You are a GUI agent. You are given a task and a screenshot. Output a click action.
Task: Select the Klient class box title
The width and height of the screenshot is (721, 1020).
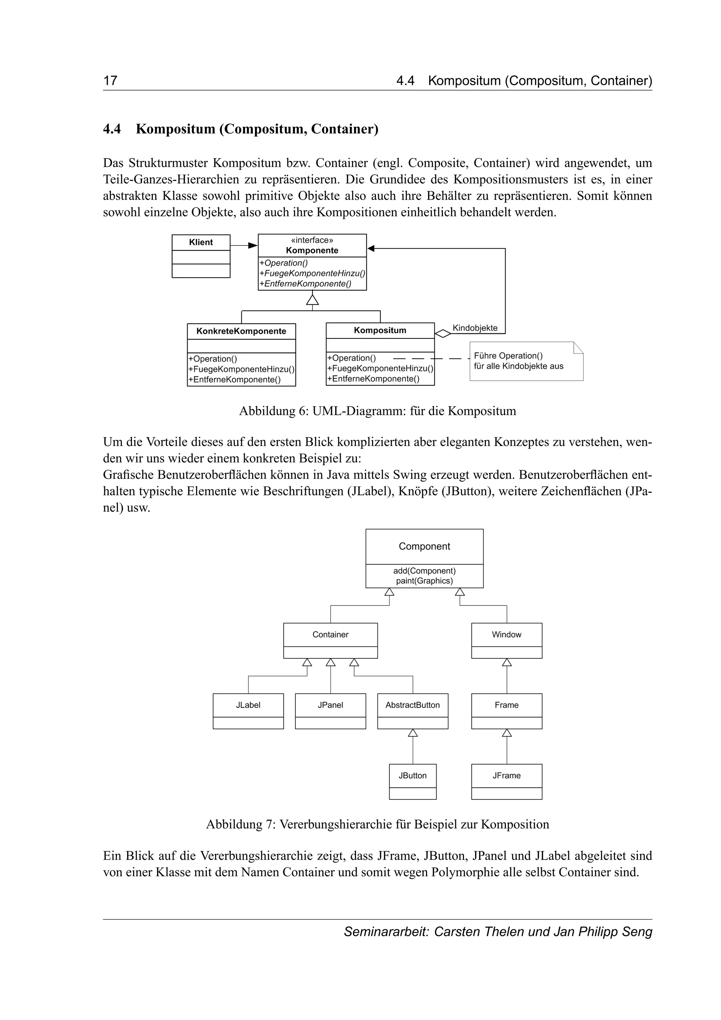(201, 242)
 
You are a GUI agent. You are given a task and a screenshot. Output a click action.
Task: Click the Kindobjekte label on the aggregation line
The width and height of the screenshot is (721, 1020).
(475, 328)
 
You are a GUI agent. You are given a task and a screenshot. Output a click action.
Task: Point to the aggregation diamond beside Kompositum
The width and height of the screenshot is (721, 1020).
(443, 333)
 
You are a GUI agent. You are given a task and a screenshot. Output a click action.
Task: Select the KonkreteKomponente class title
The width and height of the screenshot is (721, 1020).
(241, 331)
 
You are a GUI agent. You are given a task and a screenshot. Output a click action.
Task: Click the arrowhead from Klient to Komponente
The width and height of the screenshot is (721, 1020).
(253, 245)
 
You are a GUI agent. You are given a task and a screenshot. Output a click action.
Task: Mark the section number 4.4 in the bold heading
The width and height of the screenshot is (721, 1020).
(112, 129)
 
